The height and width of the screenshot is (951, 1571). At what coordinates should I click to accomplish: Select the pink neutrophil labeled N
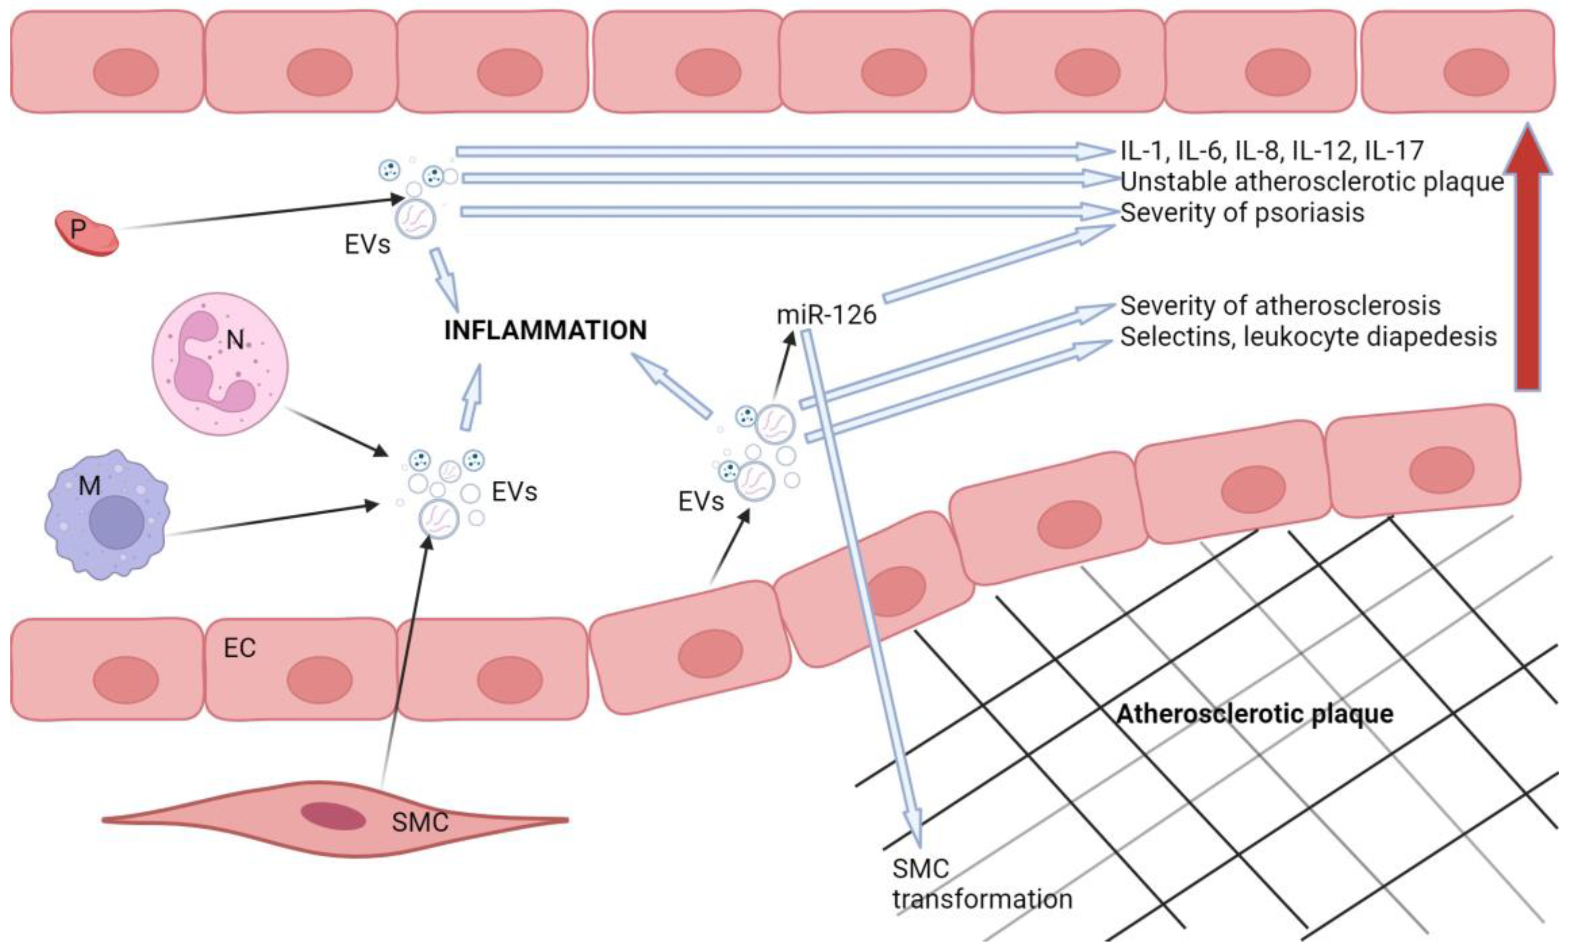[220, 364]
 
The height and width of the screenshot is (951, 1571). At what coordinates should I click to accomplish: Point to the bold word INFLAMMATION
[545, 330]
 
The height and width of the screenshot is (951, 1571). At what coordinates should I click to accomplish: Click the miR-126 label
[826, 315]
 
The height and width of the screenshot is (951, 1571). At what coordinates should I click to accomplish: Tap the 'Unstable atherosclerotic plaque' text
[1312, 182]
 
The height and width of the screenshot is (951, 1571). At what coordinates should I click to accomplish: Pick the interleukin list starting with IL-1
[1271, 151]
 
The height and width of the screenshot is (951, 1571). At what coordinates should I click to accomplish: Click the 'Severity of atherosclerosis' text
[1280, 306]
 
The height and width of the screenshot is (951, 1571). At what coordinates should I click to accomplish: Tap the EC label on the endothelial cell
[240, 648]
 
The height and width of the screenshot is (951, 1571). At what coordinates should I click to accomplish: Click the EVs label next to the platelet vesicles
[367, 244]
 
